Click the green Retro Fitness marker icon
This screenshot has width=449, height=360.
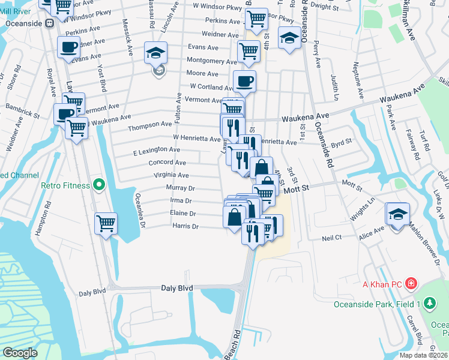tap(100, 185)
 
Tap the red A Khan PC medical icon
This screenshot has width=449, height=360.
tap(411, 283)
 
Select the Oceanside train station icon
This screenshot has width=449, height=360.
tap(49, 23)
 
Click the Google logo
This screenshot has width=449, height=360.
tap(20, 353)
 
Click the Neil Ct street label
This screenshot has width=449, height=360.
tap(331, 238)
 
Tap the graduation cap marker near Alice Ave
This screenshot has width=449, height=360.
tap(398, 215)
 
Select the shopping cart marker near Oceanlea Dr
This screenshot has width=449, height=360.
tap(106, 223)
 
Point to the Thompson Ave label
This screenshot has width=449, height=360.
tap(150, 128)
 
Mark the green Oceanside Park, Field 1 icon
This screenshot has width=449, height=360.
tap(429, 304)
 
